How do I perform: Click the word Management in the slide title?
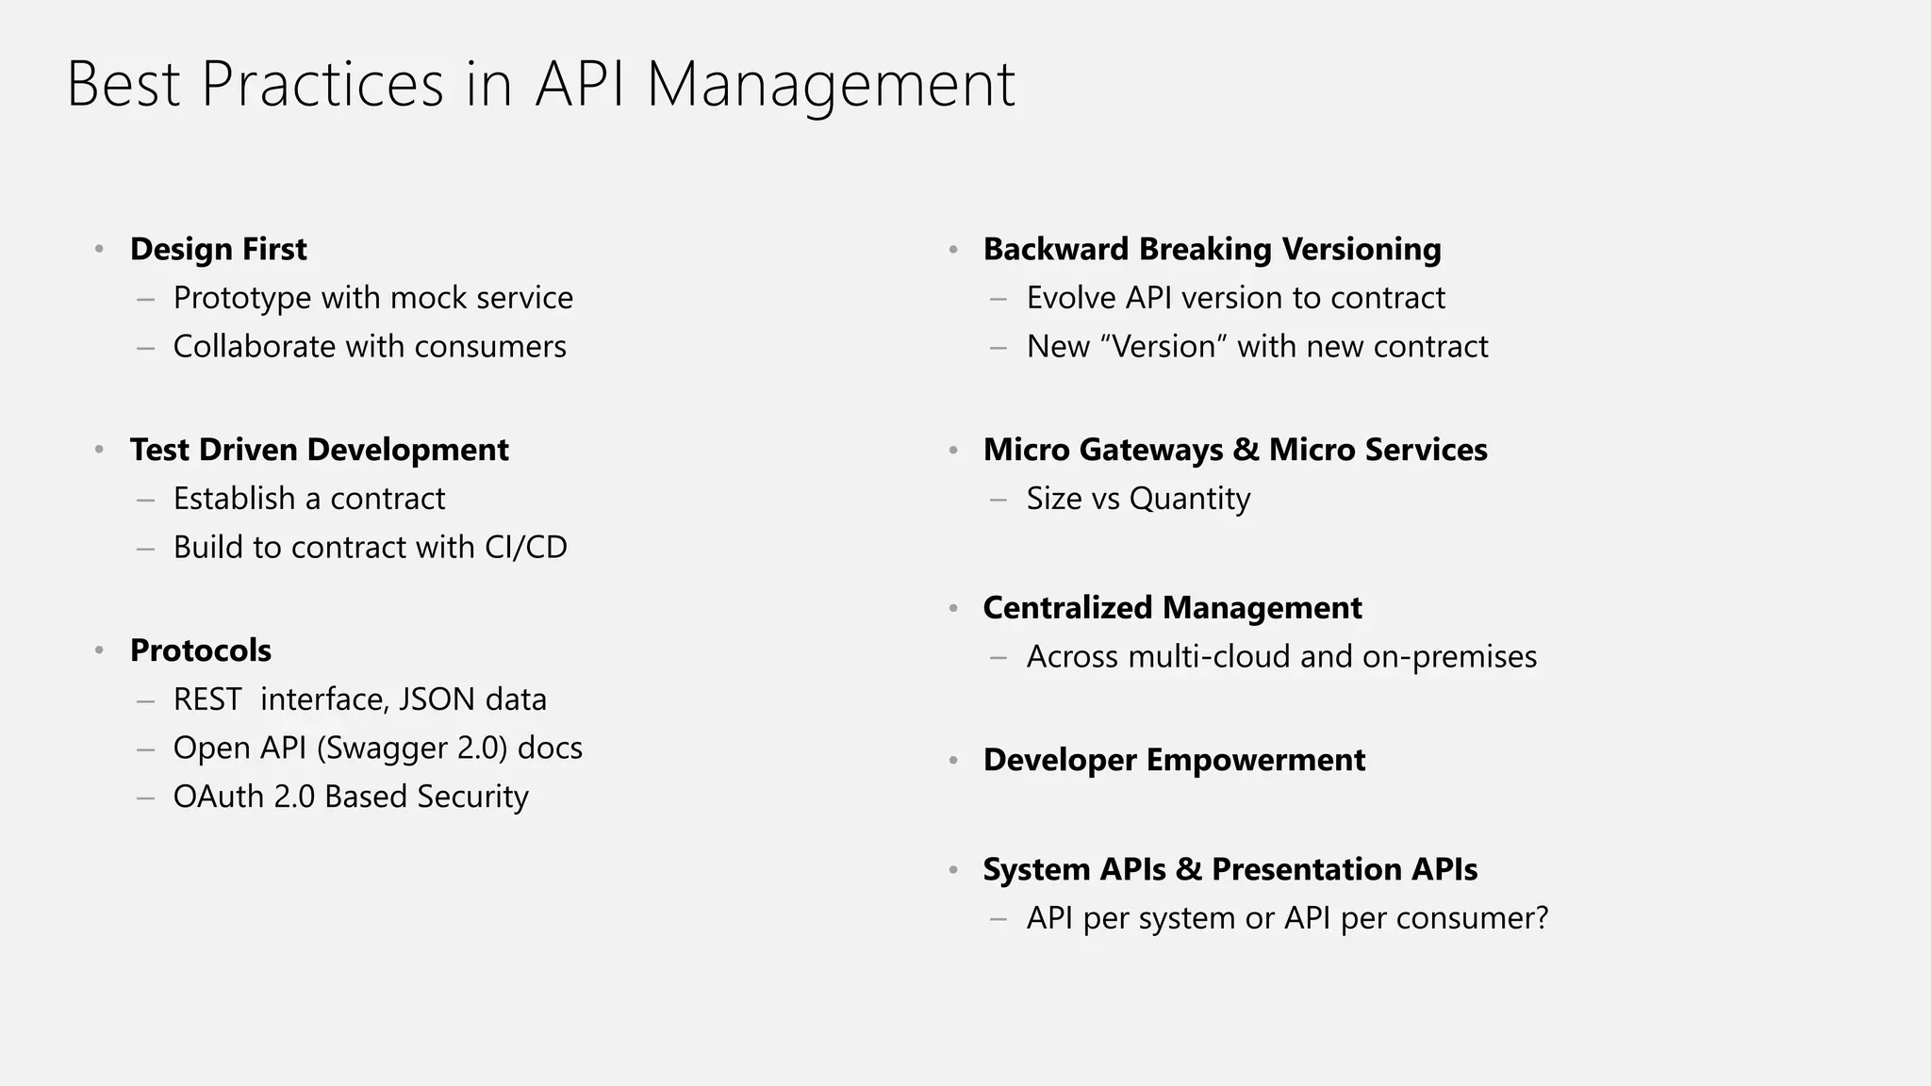(x=830, y=85)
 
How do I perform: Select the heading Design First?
(x=218, y=249)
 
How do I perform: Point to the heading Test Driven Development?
(x=319, y=450)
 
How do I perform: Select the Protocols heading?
(x=200, y=650)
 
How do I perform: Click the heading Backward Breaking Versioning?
(x=1212, y=249)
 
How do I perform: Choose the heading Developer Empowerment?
(x=1174, y=760)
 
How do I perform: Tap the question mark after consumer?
(x=1542, y=918)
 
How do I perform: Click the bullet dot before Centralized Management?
(x=953, y=609)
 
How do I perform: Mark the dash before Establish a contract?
(x=145, y=500)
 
